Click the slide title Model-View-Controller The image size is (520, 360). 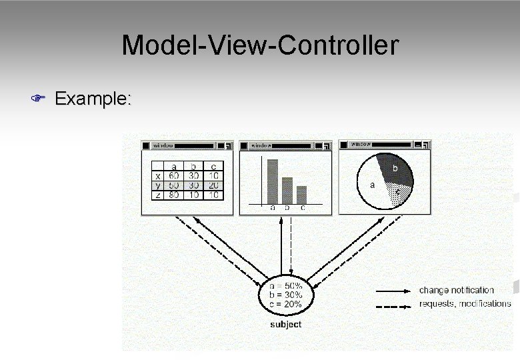pos(260,45)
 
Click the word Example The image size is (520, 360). pos(93,99)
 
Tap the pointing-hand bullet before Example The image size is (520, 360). pos(37,99)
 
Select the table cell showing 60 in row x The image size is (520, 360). pos(173,176)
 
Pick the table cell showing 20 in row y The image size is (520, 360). pos(213,185)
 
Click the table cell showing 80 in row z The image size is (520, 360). pos(173,195)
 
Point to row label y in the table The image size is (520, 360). pos(157,185)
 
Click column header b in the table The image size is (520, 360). pos(193,167)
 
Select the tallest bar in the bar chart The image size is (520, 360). pos(272,181)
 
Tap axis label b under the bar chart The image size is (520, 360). pos(287,208)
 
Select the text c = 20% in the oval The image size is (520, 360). pos(285,304)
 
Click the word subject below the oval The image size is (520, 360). pos(285,325)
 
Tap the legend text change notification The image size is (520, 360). pos(456,290)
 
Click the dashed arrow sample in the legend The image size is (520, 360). pos(393,304)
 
